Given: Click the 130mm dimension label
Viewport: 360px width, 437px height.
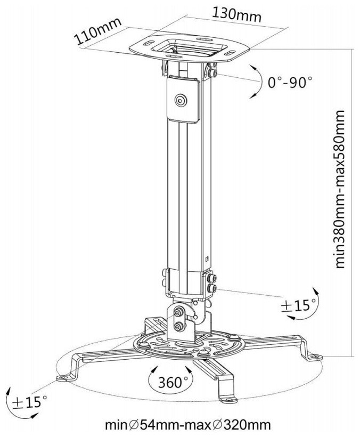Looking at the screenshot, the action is click(237, 14).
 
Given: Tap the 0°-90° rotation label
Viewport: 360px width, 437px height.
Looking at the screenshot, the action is click(290, 82).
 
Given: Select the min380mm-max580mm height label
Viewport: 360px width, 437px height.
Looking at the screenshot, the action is click(340, 189).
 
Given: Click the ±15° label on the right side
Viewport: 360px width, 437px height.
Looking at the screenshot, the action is click(298, 306).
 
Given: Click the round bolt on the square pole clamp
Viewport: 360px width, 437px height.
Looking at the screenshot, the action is click(181, 100).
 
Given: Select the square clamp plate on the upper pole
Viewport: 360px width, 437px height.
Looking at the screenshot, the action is click(183, 100).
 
